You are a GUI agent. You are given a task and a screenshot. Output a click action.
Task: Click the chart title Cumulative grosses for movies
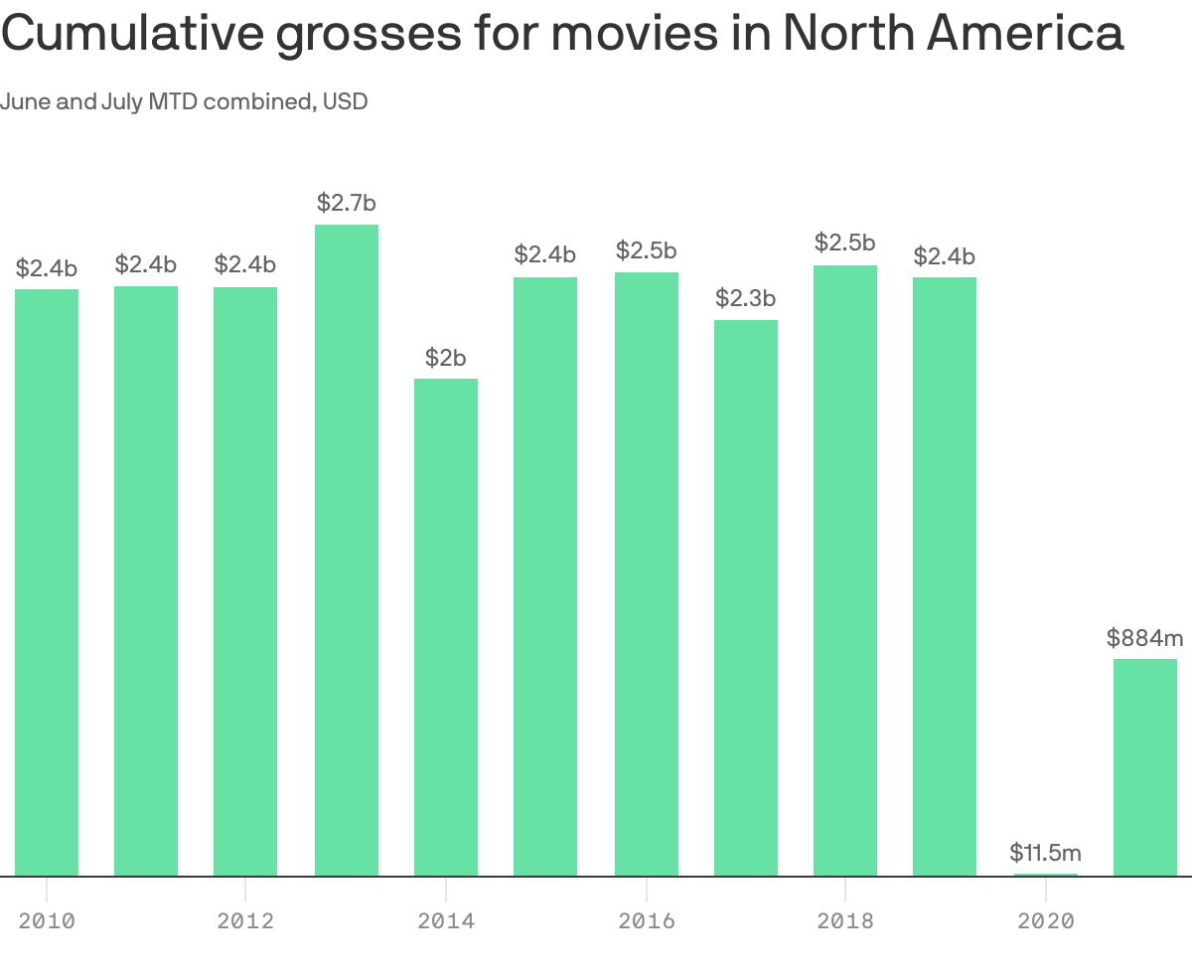coord(561,35)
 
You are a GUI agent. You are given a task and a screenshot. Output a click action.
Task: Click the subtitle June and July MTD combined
coord(184,101)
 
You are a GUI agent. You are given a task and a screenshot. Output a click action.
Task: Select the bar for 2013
coord(347,552)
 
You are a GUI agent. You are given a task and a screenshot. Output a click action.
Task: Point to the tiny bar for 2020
coord(1046,875)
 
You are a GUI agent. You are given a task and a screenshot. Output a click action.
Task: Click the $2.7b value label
coord(347,204)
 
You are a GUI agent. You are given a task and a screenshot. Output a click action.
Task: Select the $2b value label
coord(446,358)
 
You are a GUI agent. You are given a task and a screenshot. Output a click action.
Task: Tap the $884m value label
coord(1145,638)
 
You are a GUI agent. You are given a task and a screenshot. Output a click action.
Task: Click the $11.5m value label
coord(1046,853)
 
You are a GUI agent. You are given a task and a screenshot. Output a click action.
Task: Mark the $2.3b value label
coord(746,298)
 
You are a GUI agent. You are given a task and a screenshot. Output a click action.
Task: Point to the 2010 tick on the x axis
coord(47,921)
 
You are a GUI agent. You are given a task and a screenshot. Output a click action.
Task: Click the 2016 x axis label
coord(647,921)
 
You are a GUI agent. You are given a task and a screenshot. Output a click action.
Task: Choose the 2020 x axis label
coord(1046,921)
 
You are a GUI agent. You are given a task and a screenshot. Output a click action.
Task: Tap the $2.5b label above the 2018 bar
coord(845,243)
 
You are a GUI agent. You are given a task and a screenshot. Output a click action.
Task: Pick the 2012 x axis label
coord(245,921)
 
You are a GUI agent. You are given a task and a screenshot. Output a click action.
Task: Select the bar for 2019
coord(945,576)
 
